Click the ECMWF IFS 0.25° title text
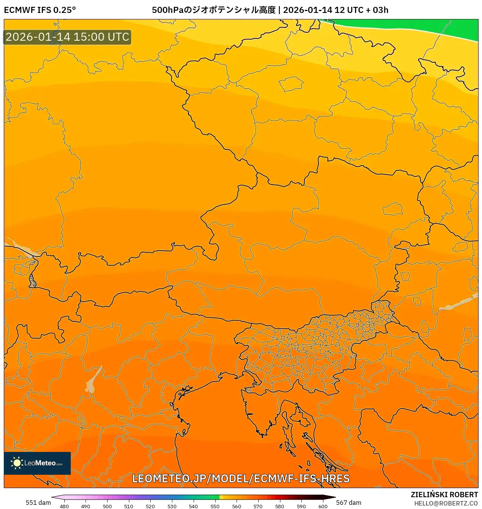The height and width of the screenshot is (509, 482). pyautogui.click(x=40, y=10)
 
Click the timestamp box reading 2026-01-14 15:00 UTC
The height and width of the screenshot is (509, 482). pyautogui.click(x=67, y=37)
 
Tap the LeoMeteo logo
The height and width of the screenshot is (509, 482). pyautogui.click(x=37, y=463)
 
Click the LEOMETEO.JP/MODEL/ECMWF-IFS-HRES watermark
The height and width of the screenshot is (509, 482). pyautogui.click(x=241, y=479)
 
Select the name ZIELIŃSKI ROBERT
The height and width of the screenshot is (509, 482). pyautogui.click(x=444, y=495)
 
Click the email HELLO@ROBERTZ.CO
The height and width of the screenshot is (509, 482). pyautogui.click(x=446, y=503)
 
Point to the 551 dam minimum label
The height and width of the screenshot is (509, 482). pyautogui.click(x=38, y=503)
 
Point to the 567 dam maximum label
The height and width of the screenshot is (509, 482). pyautogui.click(x=348, y=503)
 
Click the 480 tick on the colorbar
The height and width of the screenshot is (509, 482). pyautogui.click(x=64, y=506)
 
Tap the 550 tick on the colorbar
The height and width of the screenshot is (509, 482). pyautogui.click(x=215, y=506)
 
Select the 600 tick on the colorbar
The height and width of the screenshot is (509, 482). pyautogui.click(x=323, y=506)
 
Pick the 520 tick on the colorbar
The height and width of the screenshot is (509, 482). pyautogui.click(x=150, y=506)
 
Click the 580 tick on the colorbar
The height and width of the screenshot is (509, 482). pyautogui.click(x=280, y=506)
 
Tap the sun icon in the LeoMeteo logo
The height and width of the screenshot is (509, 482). pyautogui.click(x=17, y=463)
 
